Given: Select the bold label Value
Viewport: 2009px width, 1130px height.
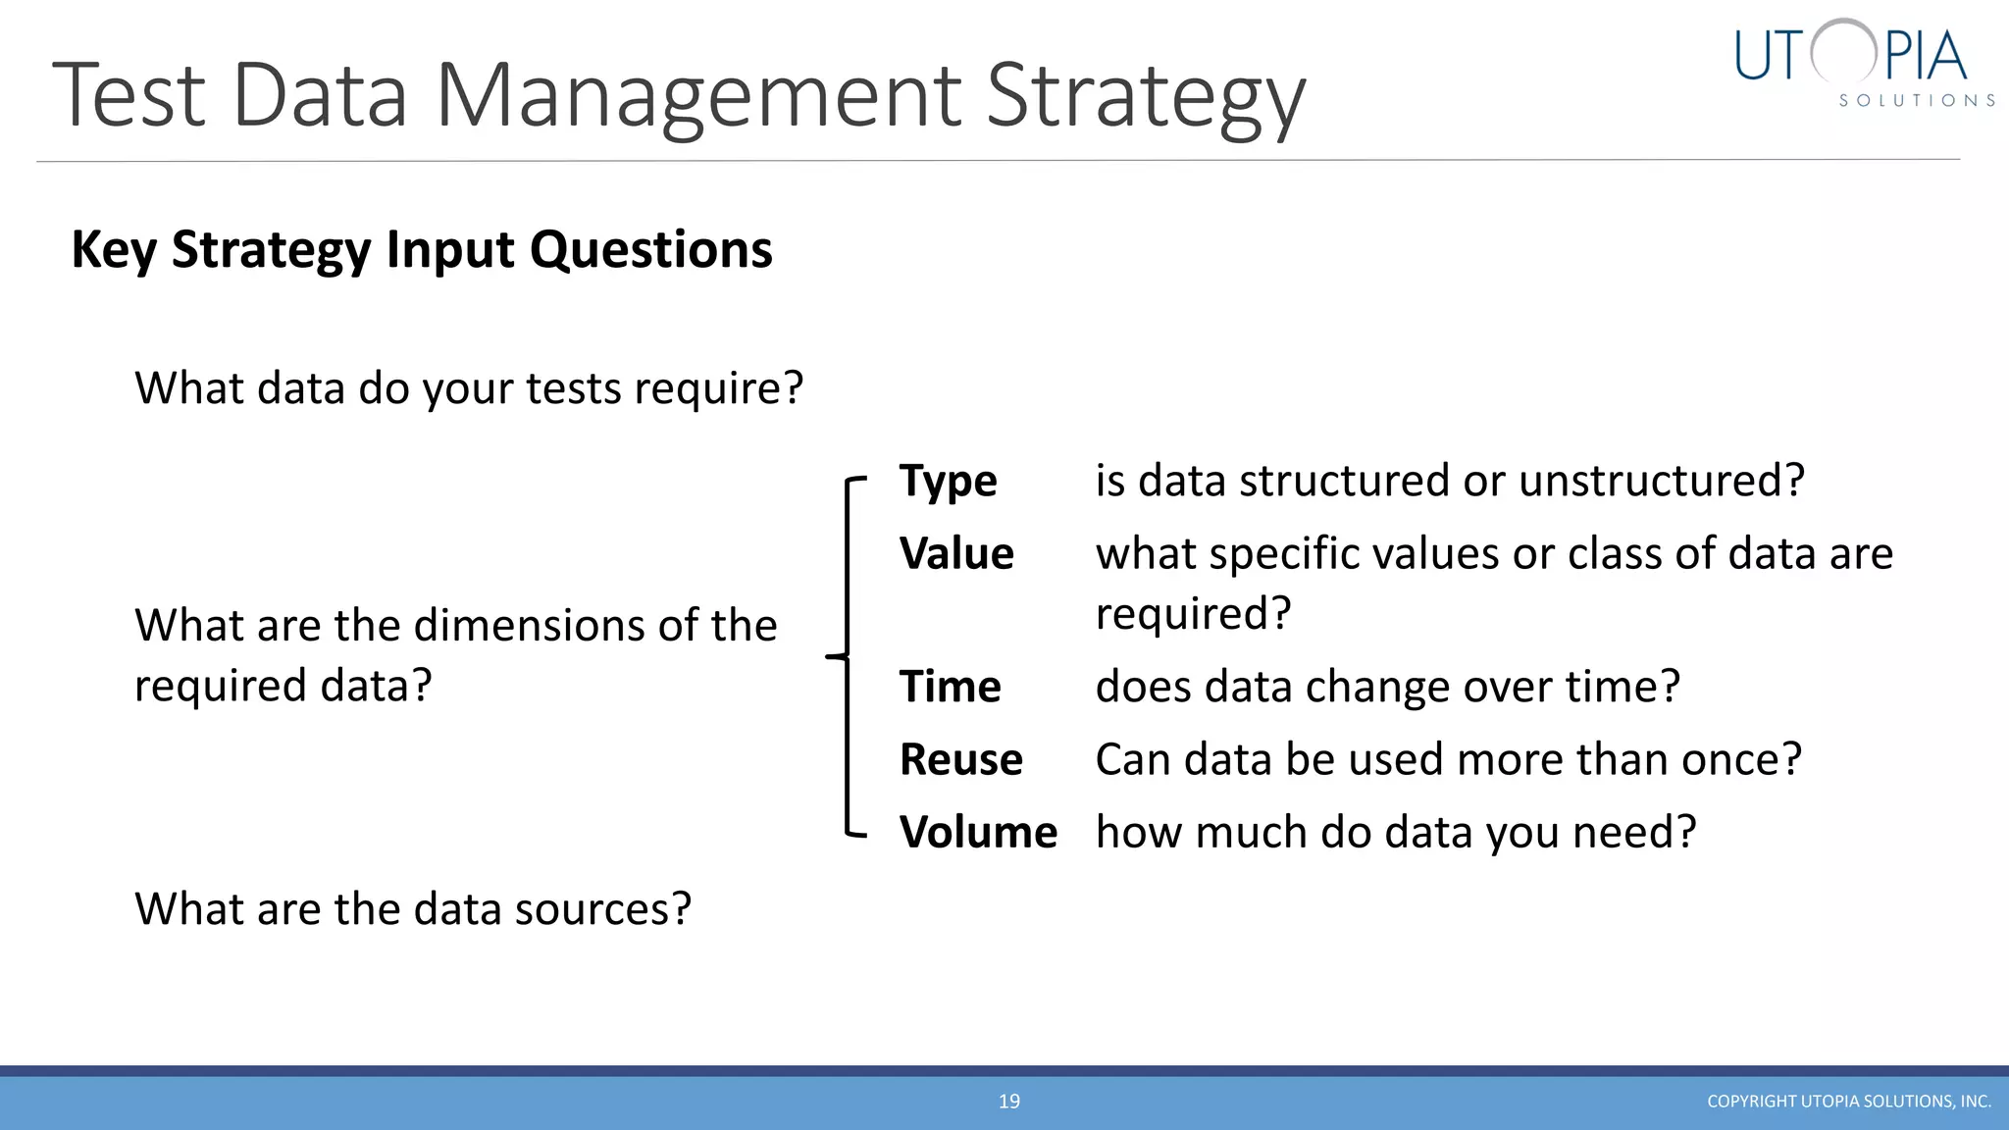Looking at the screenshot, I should [956, 554].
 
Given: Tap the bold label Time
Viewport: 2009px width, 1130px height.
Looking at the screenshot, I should [950, 687].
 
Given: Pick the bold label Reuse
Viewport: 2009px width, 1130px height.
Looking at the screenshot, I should [960, 760].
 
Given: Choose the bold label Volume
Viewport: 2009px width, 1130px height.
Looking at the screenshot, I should [978, 833].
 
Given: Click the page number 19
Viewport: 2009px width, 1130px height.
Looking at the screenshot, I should [1008, 1102].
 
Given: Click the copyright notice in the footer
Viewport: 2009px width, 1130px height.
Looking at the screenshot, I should [1848, 1102].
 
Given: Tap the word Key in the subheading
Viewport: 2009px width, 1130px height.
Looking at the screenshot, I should [114, 250].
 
